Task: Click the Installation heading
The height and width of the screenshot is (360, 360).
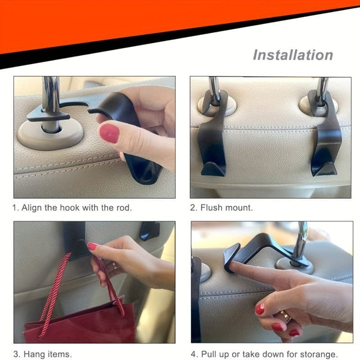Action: tap(292, 55)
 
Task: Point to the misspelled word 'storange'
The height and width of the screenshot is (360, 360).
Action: tap(319, 353)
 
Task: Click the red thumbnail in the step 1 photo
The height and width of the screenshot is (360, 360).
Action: tap(109, 133)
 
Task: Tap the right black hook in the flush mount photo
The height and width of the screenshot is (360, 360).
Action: tap(326, 141)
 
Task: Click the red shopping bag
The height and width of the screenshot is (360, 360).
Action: tap(78, 330)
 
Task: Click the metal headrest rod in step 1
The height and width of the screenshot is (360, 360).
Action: tap(51, 96)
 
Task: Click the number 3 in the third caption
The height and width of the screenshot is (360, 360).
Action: tap(16, 353)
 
